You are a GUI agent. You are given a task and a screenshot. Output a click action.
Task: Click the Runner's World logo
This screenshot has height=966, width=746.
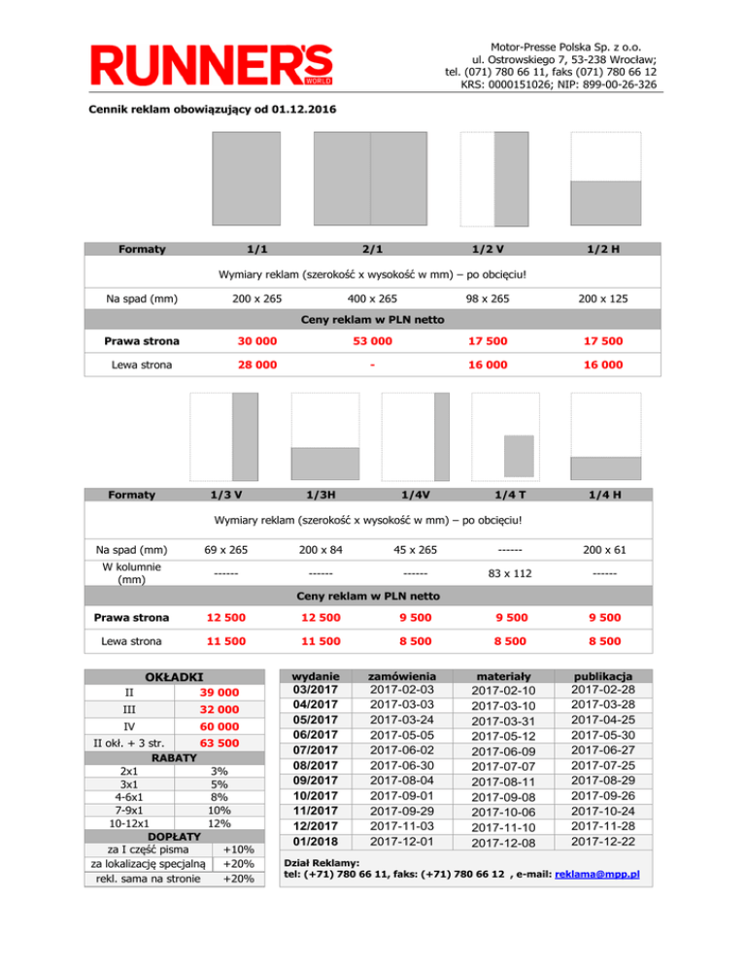coord(212,65)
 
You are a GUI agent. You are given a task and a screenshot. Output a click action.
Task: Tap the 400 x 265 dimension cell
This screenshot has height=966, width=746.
coord(371,297)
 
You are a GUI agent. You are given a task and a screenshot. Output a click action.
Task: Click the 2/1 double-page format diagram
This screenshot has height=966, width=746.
coord(371,179)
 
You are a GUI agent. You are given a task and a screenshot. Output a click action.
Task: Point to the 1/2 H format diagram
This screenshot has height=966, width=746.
coord(606,179)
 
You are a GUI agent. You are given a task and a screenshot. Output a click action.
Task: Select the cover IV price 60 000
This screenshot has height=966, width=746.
coord(220,727)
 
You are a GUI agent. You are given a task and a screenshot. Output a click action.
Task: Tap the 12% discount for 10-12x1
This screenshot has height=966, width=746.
coord(220,822)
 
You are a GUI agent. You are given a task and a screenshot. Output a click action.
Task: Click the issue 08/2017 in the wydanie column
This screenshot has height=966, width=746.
coord(314,766)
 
